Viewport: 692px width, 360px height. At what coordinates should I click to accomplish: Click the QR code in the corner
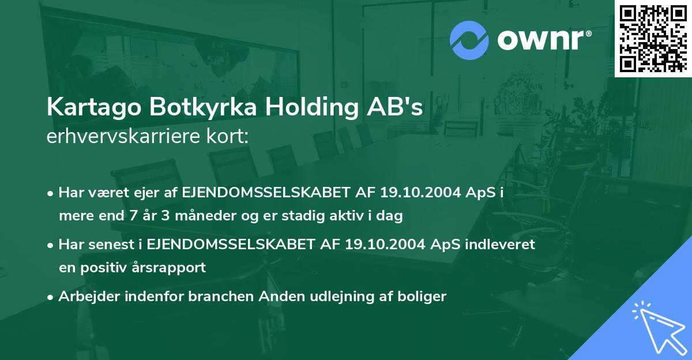[653, 38]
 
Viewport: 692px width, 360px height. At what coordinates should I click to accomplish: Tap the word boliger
[425, 297]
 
